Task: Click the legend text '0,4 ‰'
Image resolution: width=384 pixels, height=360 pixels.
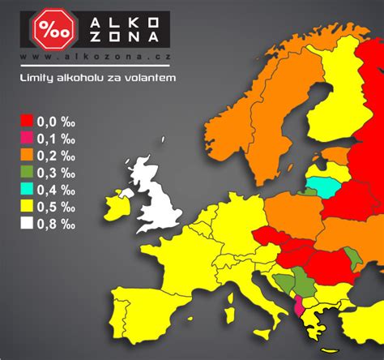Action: pos(56,189)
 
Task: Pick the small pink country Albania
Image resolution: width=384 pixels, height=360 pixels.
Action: pos(302,307)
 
